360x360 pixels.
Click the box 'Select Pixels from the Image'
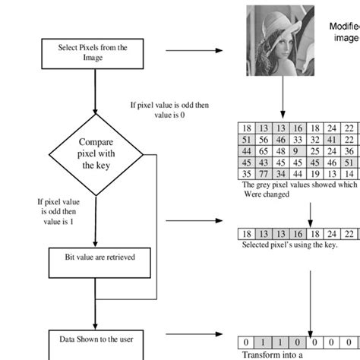click(93, 52)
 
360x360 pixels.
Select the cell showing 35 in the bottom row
click(246, 173)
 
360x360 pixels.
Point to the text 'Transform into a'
click(271, 353)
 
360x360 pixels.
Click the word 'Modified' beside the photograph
click(343, 26)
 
